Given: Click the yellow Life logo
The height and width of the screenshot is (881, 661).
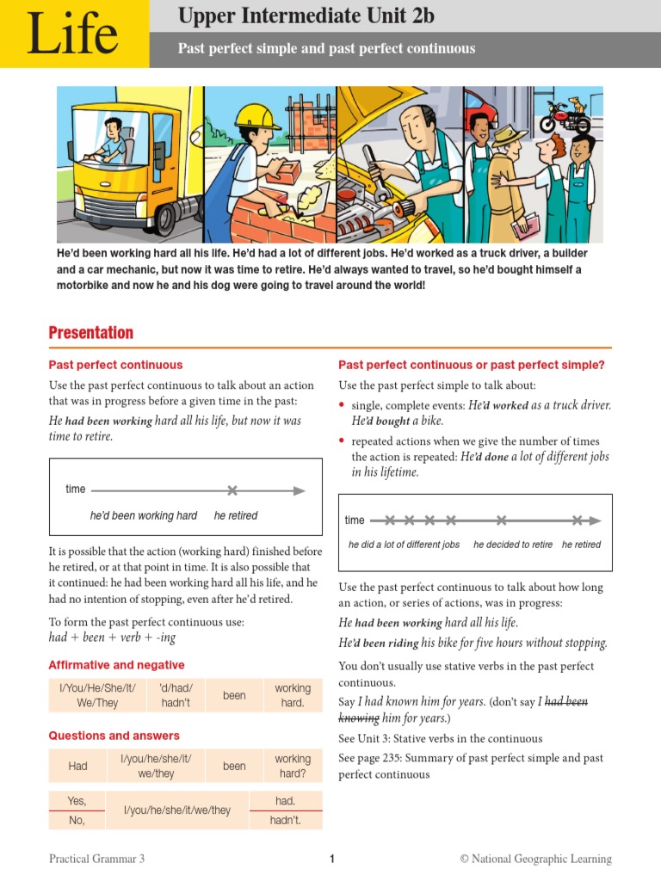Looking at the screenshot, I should tap(73, 34).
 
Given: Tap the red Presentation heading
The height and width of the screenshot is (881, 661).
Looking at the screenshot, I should tap(90, 333).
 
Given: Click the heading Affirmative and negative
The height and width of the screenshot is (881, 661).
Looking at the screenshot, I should tap(116, 665).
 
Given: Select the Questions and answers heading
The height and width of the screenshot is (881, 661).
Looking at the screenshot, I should tap(114, 736).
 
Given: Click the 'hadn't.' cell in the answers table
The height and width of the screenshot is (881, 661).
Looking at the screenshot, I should tap(285, 820).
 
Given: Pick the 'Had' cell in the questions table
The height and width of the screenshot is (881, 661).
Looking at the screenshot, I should tap(77, 766).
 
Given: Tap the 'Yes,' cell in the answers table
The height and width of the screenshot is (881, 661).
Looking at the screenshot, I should tap(77, 801).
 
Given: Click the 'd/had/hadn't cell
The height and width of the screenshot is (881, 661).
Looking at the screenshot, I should tap(176, 695).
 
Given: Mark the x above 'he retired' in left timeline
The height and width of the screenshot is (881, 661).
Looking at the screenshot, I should tap(232, 490).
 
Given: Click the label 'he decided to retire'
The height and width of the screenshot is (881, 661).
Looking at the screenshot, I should tap(513, 545).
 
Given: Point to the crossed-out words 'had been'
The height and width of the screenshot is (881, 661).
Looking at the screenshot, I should tap(566, 702).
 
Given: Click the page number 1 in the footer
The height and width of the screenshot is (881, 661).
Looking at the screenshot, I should tap(331, 859).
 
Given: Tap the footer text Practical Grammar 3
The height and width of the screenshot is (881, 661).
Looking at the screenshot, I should tap(96, 859).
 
